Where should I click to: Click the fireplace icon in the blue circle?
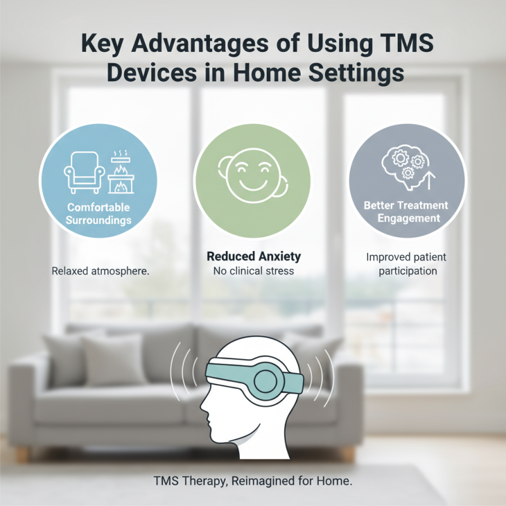pos(120,174)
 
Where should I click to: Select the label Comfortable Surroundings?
pos(99,214)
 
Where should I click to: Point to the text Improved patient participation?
pos(405,265)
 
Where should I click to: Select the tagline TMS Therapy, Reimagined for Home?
pos(253,481)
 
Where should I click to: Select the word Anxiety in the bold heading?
pos(275,256)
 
